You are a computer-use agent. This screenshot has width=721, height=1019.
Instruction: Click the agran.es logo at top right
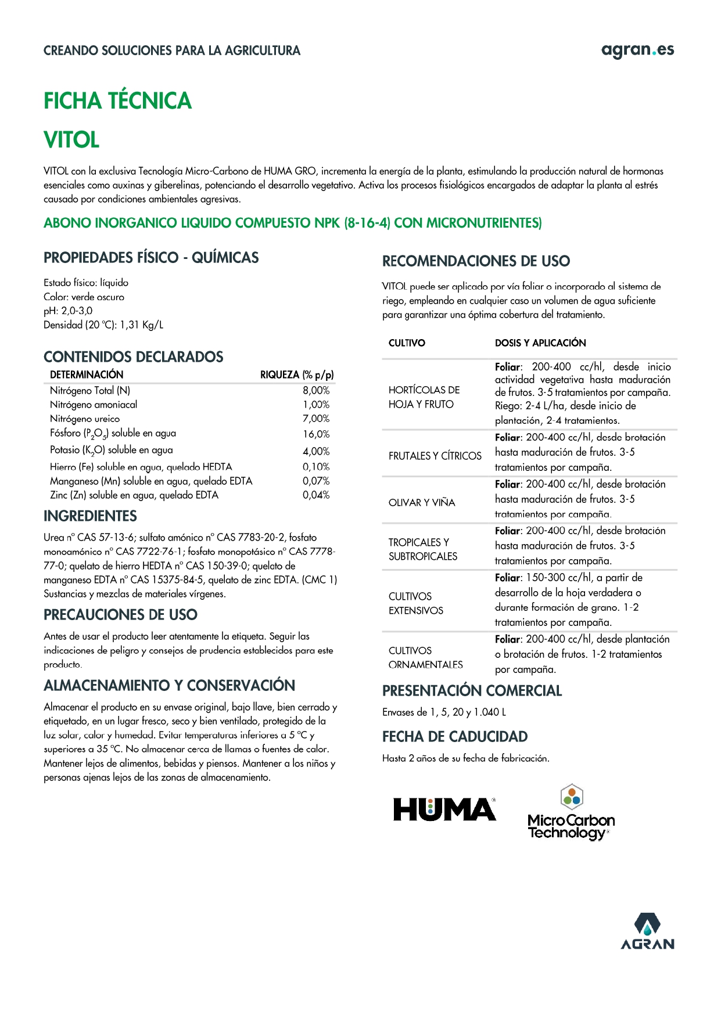pos(637,51)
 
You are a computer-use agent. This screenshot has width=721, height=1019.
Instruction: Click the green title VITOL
pos(71,140)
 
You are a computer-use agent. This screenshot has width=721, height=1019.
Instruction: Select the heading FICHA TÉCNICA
pos(117,101)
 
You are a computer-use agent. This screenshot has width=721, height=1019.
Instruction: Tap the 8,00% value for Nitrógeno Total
pos(315,391)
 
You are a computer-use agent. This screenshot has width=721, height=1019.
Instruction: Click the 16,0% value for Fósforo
pos(315,434)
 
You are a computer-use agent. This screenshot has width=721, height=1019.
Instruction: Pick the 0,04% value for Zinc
pos(315,495)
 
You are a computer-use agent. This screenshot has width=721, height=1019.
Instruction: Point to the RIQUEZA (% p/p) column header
pos(297,375)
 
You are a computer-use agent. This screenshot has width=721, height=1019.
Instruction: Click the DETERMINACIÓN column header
pos(87,375)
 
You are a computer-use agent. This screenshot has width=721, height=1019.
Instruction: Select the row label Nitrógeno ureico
pos(85,419)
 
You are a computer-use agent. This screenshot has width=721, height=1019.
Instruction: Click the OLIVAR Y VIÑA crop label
pos(422,503)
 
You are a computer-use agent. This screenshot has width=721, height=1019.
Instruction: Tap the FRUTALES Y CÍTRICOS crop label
pos(435,456)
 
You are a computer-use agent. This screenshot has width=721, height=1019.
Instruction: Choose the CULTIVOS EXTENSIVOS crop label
pos(415,604)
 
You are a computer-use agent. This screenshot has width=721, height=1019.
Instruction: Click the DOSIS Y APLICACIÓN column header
pos(540,343)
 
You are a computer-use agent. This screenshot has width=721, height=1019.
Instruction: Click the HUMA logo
pos(444,809)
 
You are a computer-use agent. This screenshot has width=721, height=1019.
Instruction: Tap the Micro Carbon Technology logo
pos(571,813)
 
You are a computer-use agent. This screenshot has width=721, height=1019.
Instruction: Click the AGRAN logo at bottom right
pos(647,932)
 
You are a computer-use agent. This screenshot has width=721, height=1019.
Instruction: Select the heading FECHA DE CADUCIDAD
pos(455,737)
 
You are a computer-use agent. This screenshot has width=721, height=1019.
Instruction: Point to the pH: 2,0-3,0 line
pos(68,311)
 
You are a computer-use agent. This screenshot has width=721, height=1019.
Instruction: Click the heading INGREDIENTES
pos(90,516)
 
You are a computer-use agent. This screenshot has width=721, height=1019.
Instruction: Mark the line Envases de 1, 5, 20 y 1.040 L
pos(444,712)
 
